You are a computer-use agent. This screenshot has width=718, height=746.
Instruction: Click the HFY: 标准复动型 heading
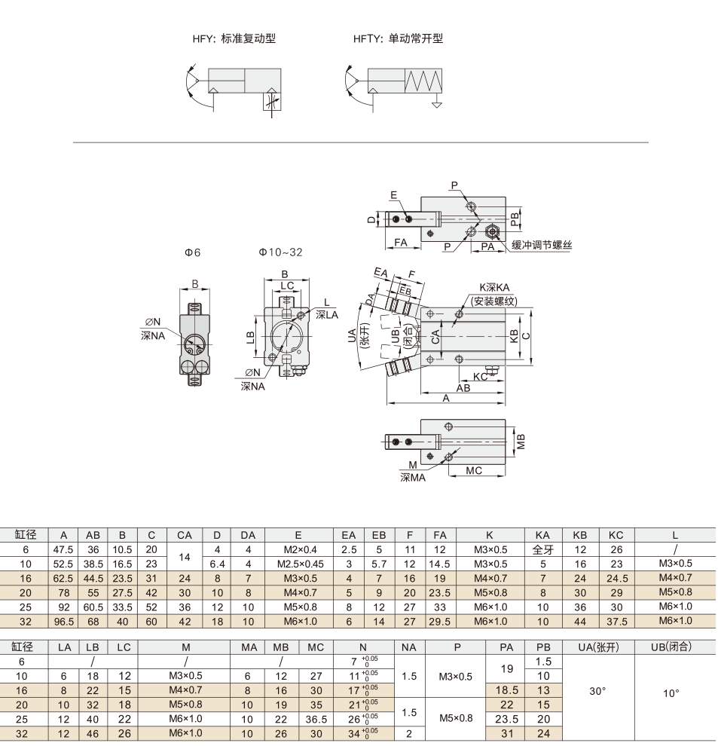[234, 38]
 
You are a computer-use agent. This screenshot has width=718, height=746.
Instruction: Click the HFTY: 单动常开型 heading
[399, 38]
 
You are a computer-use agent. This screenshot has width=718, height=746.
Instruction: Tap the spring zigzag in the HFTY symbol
[423, 81]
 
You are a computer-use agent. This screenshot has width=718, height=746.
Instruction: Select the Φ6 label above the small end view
[193, 252]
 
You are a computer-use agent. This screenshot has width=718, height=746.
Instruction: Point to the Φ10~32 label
[281, 252]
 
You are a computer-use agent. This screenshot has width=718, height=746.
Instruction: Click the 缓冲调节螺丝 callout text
[542, 245]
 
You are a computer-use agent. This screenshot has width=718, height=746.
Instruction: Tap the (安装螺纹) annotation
[494, 301]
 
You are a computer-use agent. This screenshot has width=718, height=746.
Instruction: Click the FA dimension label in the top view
[401, 242]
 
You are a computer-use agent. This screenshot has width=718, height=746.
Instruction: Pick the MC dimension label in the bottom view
[474, 470]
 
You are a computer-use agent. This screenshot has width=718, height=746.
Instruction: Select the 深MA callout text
[413, 478]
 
